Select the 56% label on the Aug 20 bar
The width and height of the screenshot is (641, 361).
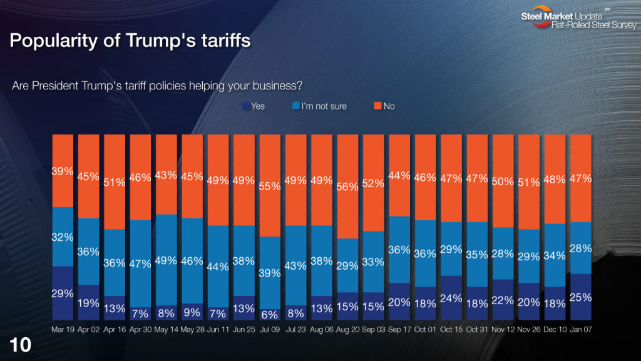pyautogui.click(x=347, y=186)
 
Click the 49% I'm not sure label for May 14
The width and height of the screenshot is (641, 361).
pyautogui.click(x=166, y=260)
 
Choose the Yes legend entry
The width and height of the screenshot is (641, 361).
pyautogui.click(x=253, y=106)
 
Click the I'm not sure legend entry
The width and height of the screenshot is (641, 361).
pyautogui.click(x=319, y=106)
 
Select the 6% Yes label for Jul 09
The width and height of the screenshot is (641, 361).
pyautogui.click(x=270, y=315)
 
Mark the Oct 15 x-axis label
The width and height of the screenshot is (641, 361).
pyautogui.click(x=451, y=328)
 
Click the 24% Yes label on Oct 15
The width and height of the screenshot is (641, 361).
pyautogui.click(x=451, y=297)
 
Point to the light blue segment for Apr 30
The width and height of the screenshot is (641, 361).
pyautogui.click(x=140, y=263)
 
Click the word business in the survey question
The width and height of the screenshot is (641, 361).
pyautogui.click(x=282, y=85)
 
